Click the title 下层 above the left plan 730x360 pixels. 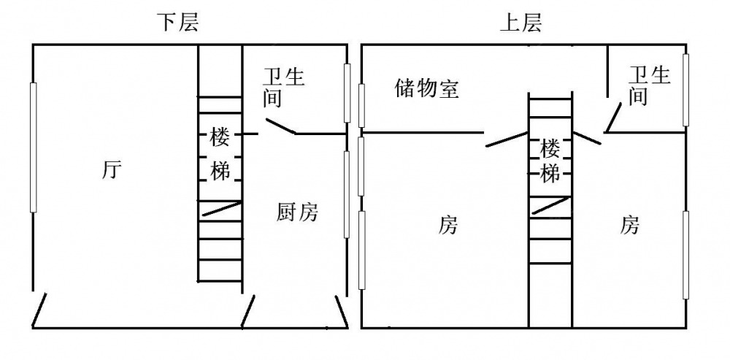pos(178,23)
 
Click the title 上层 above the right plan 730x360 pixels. pos(520,23)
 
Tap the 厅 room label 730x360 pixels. pos(112,171)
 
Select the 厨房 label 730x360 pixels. pos(298,213)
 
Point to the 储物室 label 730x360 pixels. pos(427,88)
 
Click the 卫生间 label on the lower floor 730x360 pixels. pos(283,86)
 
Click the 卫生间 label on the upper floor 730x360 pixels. pos(650,85)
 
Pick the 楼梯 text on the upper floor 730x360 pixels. pos(550,161)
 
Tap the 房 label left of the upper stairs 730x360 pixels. pos(448,225)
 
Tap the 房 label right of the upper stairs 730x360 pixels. pos(630,225)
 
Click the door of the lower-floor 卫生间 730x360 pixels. pos(280,126)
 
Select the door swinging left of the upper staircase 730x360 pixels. pos(507,138)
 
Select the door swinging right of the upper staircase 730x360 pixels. pos(586,138)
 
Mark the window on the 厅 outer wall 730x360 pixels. pos(33,147)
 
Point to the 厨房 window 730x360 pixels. pos(347,194)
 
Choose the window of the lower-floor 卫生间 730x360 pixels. pos(347,92)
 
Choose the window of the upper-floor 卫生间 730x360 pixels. pos(685,89)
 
